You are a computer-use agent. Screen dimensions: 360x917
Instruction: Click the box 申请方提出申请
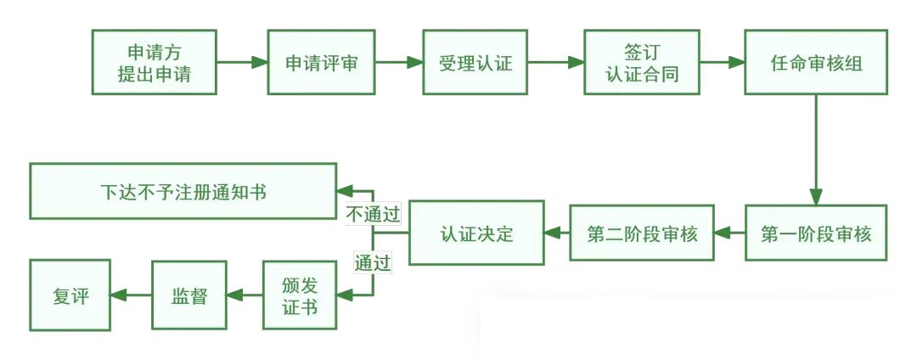[x=155, y=63]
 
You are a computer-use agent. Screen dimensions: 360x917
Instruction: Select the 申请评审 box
[x=321, y=63]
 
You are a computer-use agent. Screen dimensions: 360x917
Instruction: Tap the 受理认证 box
[x=475, y=63]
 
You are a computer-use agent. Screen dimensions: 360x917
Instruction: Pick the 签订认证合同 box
[x=642, y=63]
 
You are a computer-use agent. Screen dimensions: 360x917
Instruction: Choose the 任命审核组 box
[x=817, y=63]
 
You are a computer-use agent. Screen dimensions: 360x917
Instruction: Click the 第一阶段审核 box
[x=817, y=233]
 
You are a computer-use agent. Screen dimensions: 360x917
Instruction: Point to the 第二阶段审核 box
[x=643, y=233]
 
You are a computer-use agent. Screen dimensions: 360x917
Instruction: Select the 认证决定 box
[x=476, y=233]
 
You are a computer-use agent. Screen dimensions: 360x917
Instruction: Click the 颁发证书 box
[x=299, y=295]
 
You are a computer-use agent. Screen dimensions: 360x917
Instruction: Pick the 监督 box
[x=190, y=295]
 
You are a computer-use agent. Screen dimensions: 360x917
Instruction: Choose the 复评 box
[x=70, y=295]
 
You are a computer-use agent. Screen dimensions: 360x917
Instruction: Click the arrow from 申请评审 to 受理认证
[x=399, y=63]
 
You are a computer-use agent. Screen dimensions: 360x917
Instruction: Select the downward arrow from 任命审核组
[x=817, y=149]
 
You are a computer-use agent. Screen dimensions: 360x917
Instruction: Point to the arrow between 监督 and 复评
[x=131, y=295]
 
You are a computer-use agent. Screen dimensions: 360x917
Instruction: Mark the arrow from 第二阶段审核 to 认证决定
[x=556, y=233]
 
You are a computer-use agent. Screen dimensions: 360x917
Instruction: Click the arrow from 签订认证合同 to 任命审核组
[x=722, y=63]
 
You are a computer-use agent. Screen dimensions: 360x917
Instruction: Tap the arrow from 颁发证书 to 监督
[x=245, y=295]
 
